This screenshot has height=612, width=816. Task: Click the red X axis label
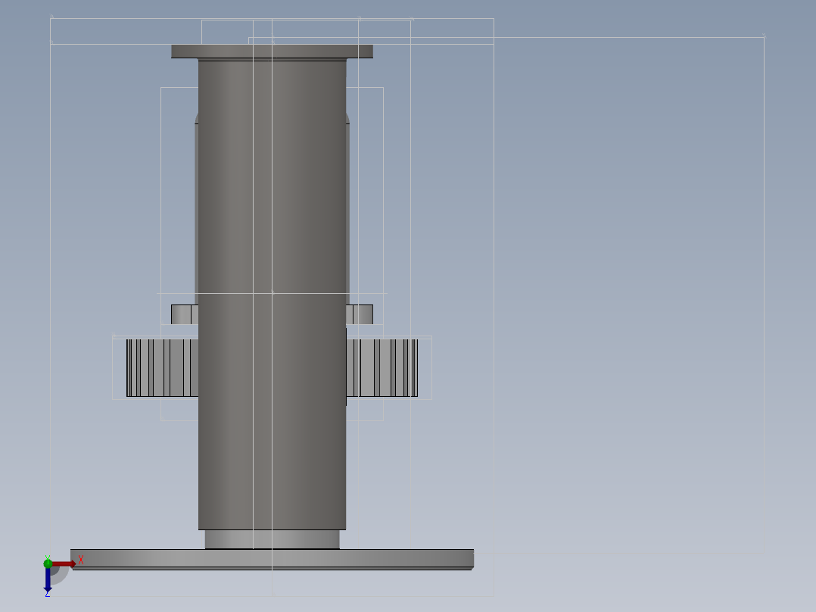(x=81, y=560)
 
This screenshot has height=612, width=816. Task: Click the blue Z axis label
(x=47, y=594)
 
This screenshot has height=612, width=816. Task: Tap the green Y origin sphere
(x=48, y=563)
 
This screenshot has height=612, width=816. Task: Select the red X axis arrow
(x=65, y=564)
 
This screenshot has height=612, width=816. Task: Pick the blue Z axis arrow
(x=48, y=580)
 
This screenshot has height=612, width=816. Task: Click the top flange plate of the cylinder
(x=272, y=52)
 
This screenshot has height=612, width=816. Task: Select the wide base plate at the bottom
(x=272, y=559)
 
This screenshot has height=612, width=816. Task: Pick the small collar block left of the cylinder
(x=184, y=314)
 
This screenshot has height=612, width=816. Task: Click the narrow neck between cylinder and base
(x=272, y=539)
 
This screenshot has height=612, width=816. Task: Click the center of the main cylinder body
(x=272, y=295)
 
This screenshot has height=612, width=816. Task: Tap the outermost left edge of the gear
(x=128, y=368)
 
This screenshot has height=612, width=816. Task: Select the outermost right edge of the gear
(x=416, y=368)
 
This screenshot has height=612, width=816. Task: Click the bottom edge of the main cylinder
(x=272, y=529)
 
